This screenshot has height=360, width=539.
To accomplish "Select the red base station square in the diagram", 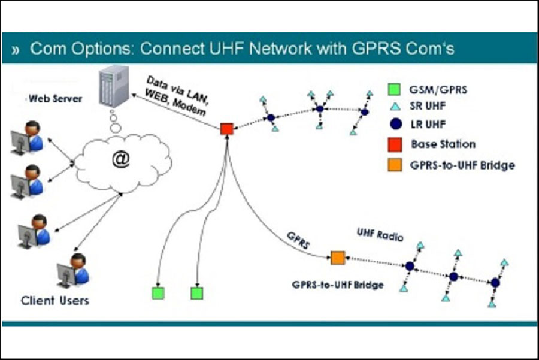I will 226,128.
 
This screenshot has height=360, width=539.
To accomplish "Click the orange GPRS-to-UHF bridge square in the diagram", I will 338,258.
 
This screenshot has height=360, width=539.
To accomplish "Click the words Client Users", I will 55,300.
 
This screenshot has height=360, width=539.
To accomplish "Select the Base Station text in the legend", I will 443,144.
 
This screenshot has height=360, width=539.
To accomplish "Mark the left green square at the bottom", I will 158,293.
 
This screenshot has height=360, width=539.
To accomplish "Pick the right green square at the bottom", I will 197,293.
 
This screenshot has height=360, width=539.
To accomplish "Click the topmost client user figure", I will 27,137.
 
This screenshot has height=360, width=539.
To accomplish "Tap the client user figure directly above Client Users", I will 73,270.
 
